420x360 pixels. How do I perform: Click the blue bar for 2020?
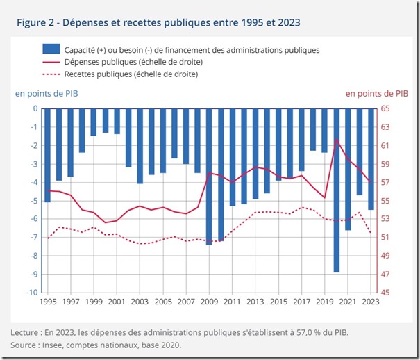point(337,190)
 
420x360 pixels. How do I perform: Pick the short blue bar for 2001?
point(117,121)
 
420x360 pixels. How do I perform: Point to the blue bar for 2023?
point(371,158)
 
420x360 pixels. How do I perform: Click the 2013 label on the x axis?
point(255,302)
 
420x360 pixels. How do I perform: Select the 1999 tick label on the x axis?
point(93,302)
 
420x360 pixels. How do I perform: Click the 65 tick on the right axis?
point(385,108)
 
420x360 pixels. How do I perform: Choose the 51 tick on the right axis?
point(385,238)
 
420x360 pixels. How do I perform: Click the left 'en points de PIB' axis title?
point(44,93)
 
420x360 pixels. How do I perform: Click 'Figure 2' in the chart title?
point(37,23)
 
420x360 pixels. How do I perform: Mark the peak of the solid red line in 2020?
point(337,140)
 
